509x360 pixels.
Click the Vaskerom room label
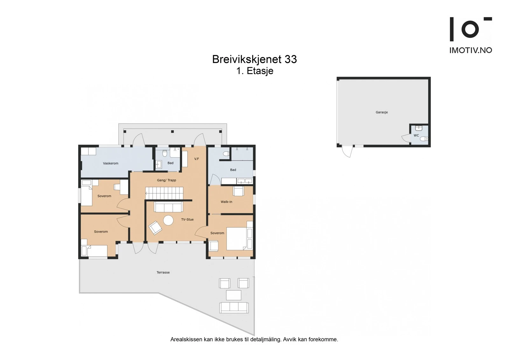click(x=110, y=163)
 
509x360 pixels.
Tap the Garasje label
click(x=381, y=112)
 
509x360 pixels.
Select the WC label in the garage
click(x=416, y=136)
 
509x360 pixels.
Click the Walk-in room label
click(x=226, y=202)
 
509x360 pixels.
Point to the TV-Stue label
click(x=187, y=219)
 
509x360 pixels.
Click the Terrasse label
click(x=163, y=272)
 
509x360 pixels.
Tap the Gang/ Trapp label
click(x=166, y=180)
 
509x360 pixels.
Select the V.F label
click(x=197, y=159)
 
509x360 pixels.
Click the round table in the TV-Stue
click(x=168, y=220)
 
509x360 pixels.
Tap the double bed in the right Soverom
click(x=237, y=239)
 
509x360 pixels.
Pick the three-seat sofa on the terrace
click(x=234, y=307)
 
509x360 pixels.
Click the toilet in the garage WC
click(x=424, y=139)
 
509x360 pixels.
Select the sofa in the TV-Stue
click(x=168, y=207)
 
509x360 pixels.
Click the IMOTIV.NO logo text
click(x=471, y=50)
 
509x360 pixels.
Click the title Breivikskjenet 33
click(x=254, y=59)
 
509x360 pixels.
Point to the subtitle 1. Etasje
click(x=254, y=71)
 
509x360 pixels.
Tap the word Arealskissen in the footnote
click(x=186, y=339)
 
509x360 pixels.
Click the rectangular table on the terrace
click(x=234, y=295)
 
